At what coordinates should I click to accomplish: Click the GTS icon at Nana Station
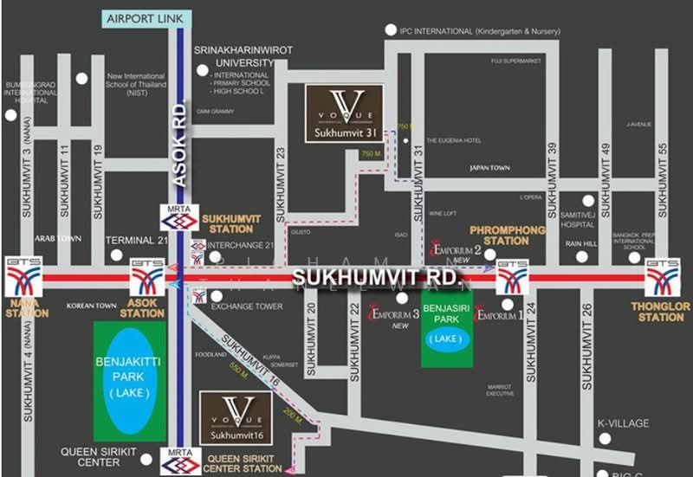23,277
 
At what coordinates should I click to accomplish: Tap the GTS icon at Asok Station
147,277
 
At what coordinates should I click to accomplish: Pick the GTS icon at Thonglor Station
662,277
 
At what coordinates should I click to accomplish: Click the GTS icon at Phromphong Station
513,277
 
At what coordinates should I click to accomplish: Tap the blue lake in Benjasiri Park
447,340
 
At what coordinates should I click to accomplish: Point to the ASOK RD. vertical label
178,142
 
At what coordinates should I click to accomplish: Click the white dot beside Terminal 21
117,255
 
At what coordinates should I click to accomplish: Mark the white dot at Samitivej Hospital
588,201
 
